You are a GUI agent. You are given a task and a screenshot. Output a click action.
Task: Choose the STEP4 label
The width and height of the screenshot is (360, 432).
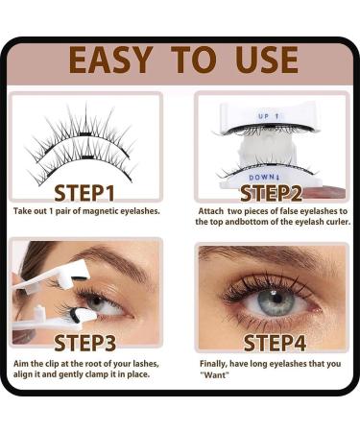point(272,342)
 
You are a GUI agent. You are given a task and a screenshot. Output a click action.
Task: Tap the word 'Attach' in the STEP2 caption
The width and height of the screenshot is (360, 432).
point(210,209)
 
